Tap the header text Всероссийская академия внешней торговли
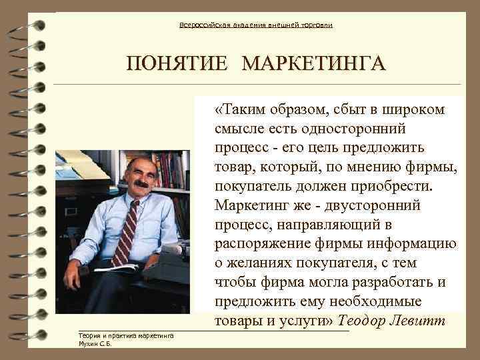256,25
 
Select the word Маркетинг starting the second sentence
250,203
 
